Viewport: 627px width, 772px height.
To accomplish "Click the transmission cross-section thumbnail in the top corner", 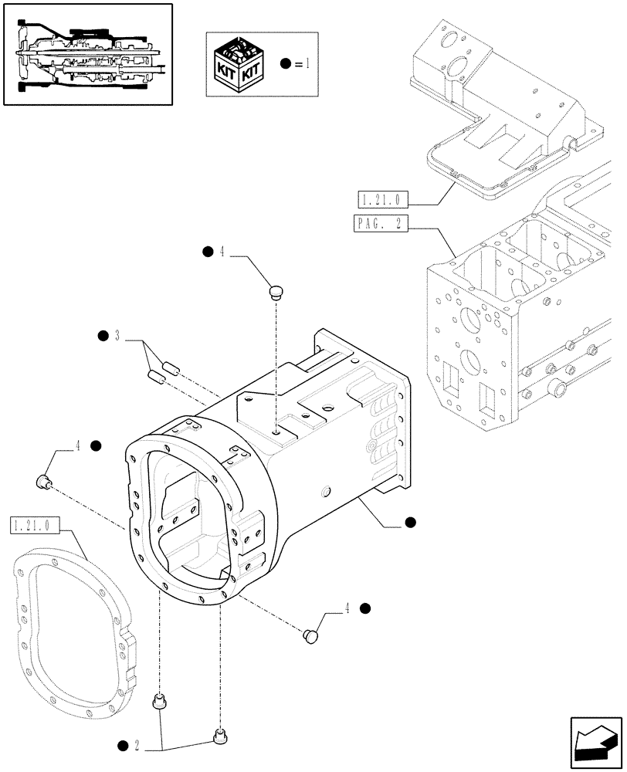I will pos(87,54).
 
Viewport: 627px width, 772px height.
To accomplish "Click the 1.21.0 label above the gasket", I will pos(32,525).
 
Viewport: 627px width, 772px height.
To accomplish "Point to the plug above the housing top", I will pos(276,291).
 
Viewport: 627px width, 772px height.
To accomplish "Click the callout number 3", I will pos(116,335).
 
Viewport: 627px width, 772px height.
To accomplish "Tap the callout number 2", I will pos(136,746).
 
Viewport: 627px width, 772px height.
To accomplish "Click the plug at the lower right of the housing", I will pos(311,635).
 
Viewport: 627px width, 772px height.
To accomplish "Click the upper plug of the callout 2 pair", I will pos(160,701).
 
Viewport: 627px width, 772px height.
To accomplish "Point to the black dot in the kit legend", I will pos(286,64).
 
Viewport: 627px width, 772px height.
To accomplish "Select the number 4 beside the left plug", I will pos(78,445).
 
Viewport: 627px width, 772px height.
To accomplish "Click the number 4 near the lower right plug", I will pos(347,608).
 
